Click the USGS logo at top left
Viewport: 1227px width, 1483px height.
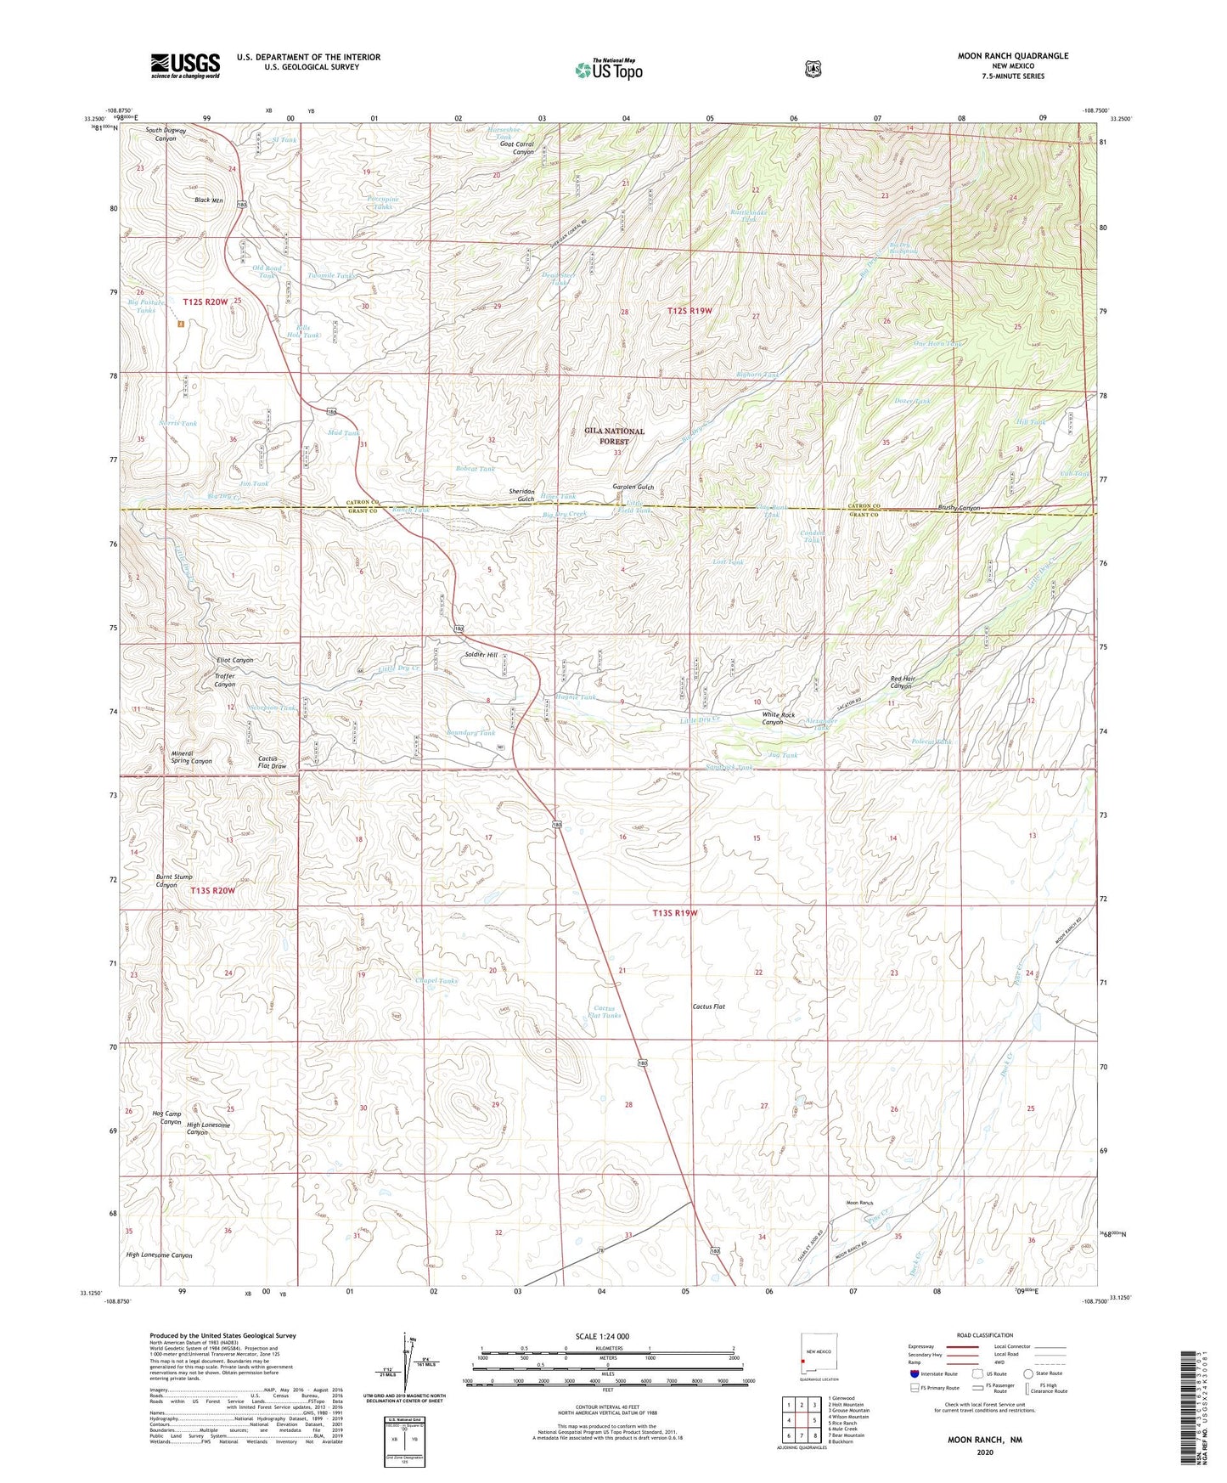[x=185, y=65]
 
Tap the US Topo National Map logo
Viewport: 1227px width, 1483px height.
[x=608, y=70]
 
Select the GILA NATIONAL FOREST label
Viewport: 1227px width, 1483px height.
[x=614, y=436]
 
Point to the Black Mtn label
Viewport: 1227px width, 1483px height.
[x=208, y=200]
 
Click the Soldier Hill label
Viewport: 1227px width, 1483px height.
[x=481, y=655]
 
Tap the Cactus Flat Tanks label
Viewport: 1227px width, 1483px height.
[x=605, y=1011]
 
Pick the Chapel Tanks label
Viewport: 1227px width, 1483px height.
[x=436, y=980]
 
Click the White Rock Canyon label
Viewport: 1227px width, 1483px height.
[x=778, y=719]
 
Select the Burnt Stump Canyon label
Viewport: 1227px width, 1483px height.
[x=174, y=880]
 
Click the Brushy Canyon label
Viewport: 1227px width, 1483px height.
[x=959, y=508]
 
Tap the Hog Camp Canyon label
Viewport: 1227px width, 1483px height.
[x=166, y=1117]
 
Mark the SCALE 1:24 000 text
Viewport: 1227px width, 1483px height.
[x=602, y=1336]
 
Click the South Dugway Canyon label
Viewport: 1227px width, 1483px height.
[x=166, y=134]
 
